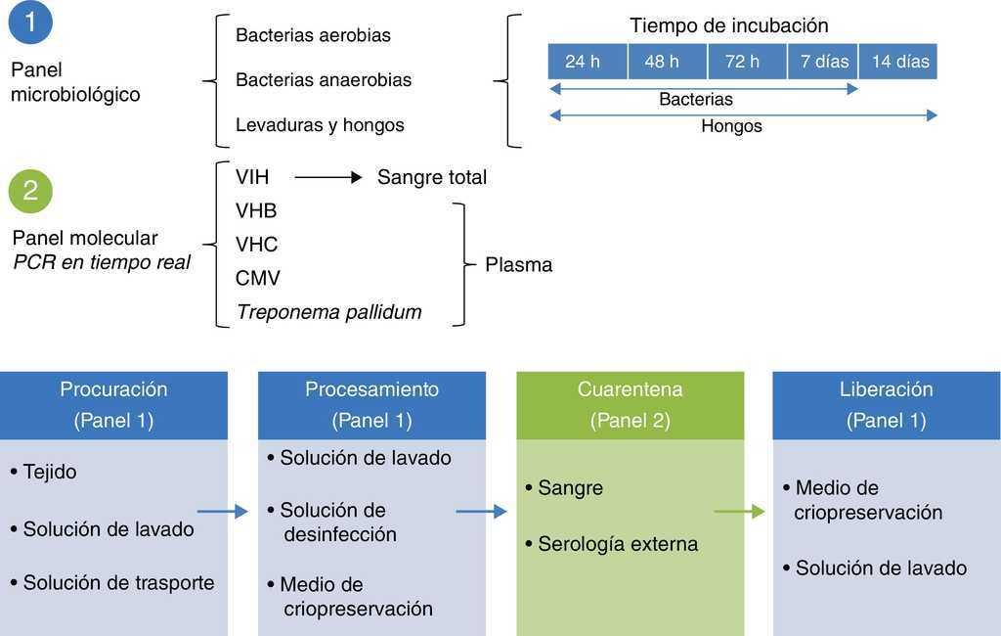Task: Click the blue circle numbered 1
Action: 30,23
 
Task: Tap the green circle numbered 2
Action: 30,189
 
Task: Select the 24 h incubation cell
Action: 583,62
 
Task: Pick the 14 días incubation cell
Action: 899,62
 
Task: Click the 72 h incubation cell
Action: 742,62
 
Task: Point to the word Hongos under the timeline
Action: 731,126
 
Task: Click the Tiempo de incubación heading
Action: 729,25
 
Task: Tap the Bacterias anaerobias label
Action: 324,80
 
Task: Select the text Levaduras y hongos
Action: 320,125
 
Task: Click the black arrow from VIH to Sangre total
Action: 327,177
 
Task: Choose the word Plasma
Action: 518,264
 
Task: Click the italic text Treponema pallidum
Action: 328,312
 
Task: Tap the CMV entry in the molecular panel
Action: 257,278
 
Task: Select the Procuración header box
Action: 113,404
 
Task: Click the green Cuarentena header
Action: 630,404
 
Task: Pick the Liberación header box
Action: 886,404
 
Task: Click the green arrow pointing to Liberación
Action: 739,511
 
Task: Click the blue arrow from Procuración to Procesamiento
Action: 223,511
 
